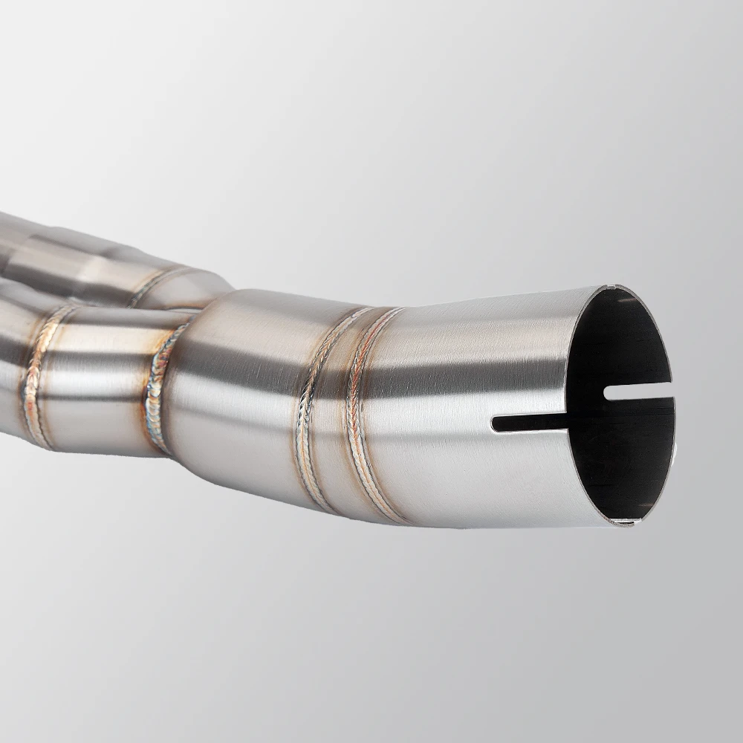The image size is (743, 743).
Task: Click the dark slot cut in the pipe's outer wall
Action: tap(531, 423)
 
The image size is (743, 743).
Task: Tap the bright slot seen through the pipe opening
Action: tap(639, 392)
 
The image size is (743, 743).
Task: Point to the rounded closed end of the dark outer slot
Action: tap(496, 424)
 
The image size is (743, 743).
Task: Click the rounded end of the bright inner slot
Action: tap(609, 392)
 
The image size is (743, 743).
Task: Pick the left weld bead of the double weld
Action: tap(312, 416)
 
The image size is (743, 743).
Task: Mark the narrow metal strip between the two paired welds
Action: tap(337, 416)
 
